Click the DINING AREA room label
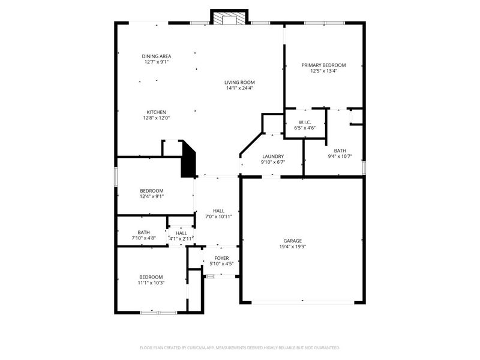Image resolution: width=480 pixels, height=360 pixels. tap(157, 56)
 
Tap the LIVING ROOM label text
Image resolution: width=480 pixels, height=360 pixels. tap(239, 82)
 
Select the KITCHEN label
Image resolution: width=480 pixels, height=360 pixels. tap(157, 112)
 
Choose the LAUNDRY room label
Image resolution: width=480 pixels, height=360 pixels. tap(272, 156)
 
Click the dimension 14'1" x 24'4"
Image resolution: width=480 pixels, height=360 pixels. tap(239, 88)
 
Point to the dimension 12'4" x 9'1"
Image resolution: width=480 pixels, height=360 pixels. tap(152, 196)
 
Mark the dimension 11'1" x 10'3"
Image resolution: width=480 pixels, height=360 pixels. tap(152, 283)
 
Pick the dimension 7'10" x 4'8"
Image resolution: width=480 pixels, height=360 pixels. tap(144, 238)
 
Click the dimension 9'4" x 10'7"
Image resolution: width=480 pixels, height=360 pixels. tap(340, 157)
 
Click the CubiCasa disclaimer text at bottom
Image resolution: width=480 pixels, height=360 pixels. tap(239, 347)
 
